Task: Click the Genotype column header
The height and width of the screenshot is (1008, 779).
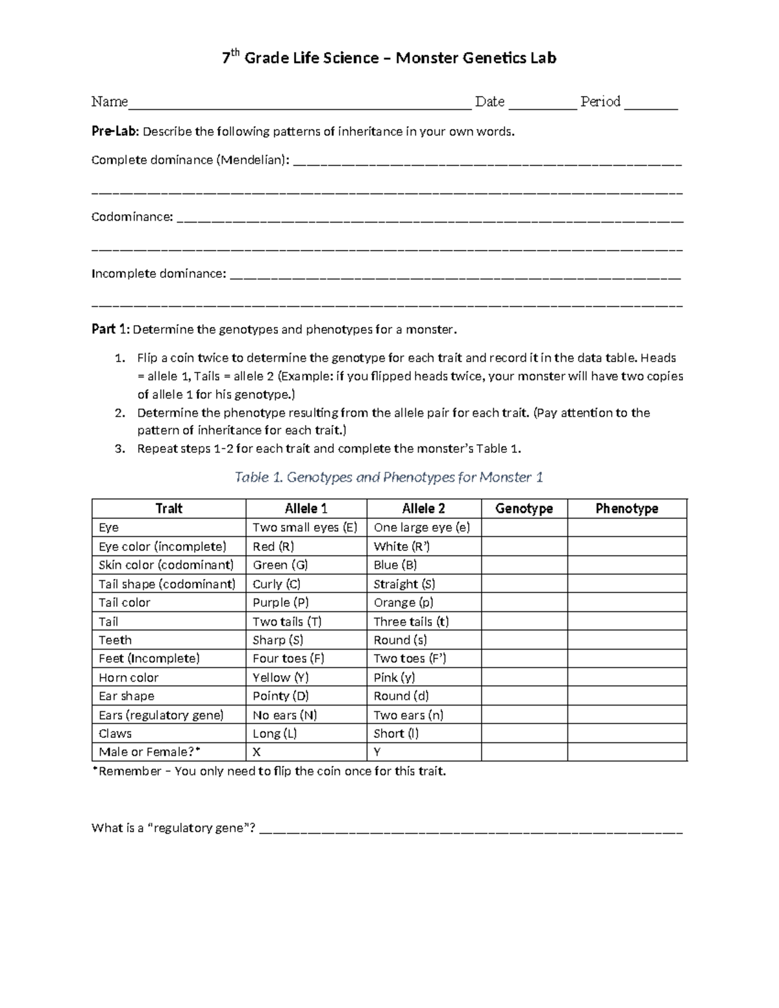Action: click(524, 508)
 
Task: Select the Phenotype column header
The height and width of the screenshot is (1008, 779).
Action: click(626, 508)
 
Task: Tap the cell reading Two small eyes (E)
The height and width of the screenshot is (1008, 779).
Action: click(305, 527)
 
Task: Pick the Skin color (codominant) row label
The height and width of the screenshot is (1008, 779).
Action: click(166, 565)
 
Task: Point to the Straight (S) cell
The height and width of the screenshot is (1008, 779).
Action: click(404, 584)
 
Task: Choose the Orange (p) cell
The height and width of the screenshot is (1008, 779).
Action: click(403, 602)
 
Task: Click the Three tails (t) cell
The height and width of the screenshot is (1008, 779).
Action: click(411, 621)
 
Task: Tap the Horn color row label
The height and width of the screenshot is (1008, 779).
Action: click(129, 677)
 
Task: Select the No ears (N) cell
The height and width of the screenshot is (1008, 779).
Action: click(285, 715)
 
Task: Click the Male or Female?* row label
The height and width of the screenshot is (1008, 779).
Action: click(150, 752)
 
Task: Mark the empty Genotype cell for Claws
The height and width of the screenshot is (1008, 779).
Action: click(524, 733)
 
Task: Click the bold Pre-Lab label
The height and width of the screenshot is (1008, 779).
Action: click(115, 132)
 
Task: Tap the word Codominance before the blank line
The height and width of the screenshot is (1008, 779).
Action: click(132, 217)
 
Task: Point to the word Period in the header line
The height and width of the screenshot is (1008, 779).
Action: click(600, 101)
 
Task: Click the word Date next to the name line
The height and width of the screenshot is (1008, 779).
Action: click(489, 101)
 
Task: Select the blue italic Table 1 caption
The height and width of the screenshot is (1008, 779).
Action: click(388, 477)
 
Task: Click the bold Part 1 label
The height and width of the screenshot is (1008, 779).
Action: click(110, 329)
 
